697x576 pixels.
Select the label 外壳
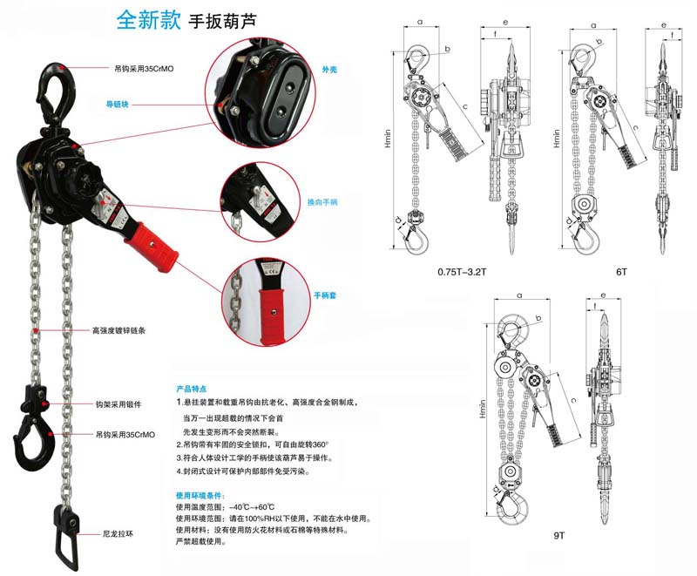click(329, 68)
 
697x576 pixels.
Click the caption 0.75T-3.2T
click(464, 272)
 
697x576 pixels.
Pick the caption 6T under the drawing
click(621, 272)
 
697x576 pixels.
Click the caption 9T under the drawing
click(558, 534)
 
